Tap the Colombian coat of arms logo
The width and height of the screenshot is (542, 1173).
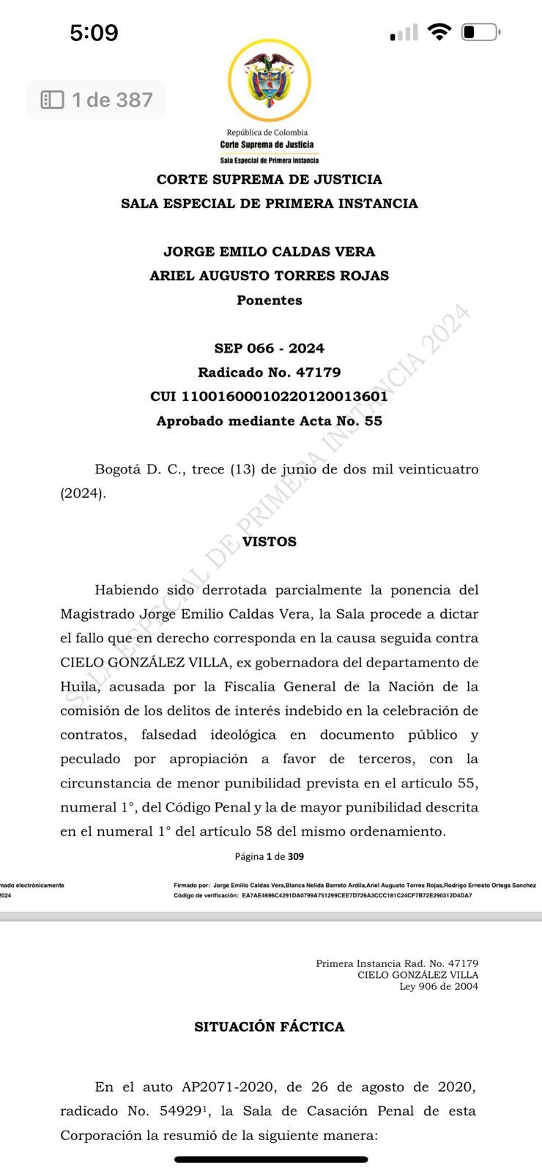point(269,80)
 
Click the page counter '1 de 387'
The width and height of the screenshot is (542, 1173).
point(96,100)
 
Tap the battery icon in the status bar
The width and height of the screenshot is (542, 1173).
point(480,32)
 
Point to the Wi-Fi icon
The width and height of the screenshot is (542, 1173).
point(439,32)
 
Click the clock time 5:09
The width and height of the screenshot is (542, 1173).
point(94,32)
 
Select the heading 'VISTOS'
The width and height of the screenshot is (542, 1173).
point(270,542)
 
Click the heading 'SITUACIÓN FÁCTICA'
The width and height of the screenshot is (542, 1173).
point(270,1026)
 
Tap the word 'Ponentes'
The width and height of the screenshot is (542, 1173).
point(270,300)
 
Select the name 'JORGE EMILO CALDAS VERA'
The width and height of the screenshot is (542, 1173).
point(270,251)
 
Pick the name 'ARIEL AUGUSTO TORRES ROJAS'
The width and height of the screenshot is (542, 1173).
point(270,276)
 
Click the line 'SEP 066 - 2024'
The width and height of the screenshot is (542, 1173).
point(270,348)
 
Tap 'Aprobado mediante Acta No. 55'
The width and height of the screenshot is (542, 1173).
point(270,421)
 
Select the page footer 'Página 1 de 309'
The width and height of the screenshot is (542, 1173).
point(270,856)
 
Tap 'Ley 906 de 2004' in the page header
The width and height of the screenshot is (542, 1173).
point(439,986)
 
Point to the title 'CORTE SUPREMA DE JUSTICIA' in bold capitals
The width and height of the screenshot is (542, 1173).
point(270,180)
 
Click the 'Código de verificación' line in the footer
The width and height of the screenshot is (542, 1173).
point(323,895)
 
